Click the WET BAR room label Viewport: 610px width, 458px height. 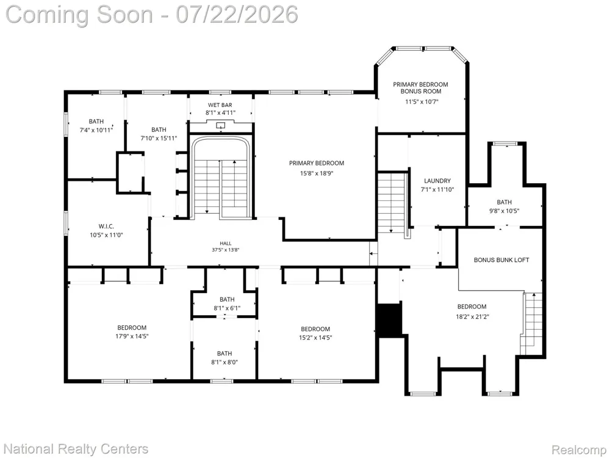[220, 105]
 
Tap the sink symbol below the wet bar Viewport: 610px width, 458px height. [221, 125]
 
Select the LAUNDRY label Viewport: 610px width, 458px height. [437, 181]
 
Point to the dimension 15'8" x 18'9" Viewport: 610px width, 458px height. [316, 173]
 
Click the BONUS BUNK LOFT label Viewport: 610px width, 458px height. [501, 260]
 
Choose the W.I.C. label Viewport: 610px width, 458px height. [106, 227]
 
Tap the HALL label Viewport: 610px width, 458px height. [225, 244]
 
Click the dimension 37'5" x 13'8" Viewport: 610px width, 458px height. [225, 250]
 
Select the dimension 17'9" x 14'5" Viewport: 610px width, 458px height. [132, 336]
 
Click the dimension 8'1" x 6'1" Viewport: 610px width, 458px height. [227, 308]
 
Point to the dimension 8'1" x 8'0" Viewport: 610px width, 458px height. [224, 362]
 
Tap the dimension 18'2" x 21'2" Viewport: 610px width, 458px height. [472, 316]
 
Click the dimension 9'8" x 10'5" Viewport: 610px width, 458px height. [504, 211]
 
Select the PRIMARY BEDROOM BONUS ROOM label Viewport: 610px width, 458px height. [420, 87]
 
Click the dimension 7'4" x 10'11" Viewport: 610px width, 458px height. [96, 130]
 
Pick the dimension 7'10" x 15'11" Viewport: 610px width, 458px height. [159, 138]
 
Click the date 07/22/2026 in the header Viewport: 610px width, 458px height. [237, 15]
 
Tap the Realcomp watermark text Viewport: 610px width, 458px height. [578, 450]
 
